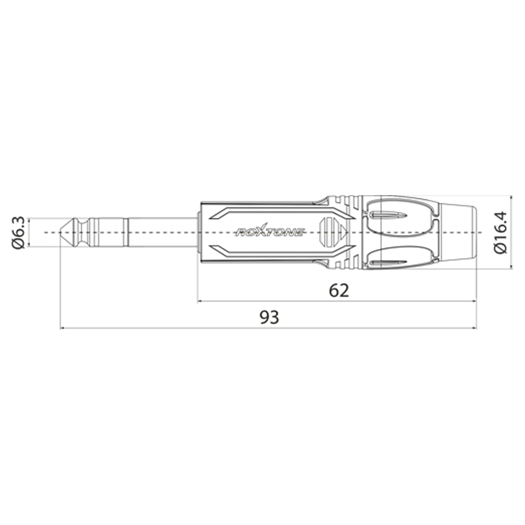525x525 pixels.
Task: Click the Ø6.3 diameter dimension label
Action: (x=18, y=232)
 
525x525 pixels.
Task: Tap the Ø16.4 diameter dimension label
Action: (x=501, y=232)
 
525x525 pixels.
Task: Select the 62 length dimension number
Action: (x=339, y=290)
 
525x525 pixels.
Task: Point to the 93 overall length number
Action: (x=269, y=317)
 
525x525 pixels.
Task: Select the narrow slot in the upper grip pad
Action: (x=388, y=215)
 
